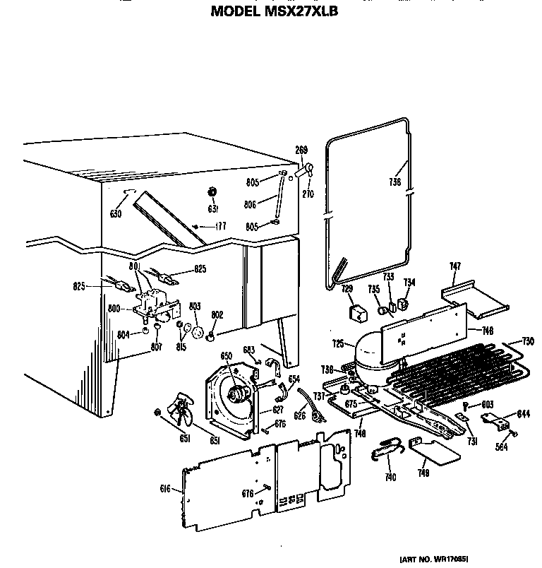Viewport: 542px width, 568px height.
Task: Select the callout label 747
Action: tap(455, 266)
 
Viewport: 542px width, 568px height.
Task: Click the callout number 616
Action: tap(165, 488)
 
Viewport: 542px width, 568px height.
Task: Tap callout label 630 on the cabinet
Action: tap(116, 214)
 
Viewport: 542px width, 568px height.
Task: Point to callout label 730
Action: tap(528, 341)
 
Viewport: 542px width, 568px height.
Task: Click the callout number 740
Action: tap(390, 478)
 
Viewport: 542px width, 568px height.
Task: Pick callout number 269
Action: tap(301, 150)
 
